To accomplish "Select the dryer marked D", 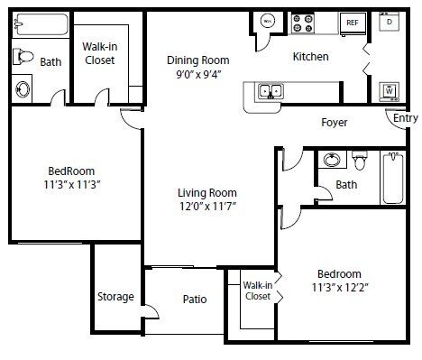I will pos(389,22).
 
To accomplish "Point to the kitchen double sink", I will pos(269,89).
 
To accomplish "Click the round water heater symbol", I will pos(267,22).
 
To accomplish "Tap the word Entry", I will pos(405,118).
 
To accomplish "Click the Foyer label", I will pos(334,123).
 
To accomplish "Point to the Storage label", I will pos(115,297).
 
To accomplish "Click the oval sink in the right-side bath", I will pos(331,161).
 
